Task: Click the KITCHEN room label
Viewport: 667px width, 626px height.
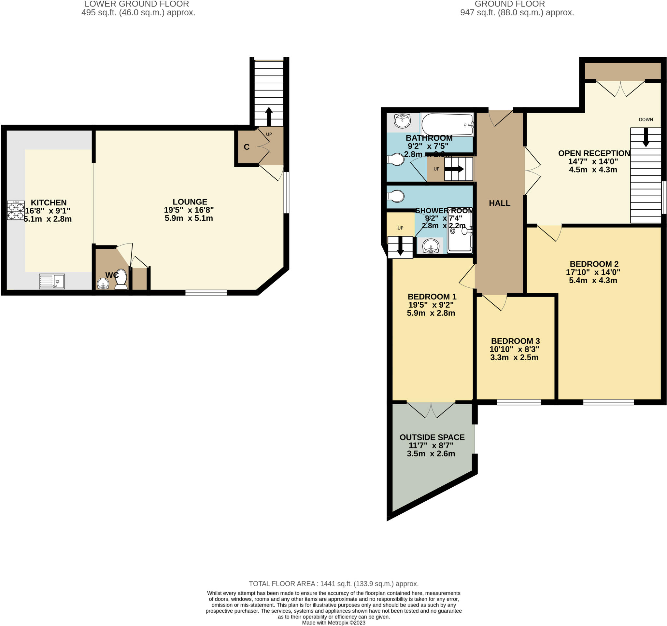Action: tap(49, 202)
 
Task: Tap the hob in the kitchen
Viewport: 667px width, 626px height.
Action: tap(16, 210)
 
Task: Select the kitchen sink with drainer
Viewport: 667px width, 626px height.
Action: tap(52, 281)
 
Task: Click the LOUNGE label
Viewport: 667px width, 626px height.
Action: tap(190, 202)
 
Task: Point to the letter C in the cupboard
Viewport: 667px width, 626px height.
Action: tap(247, 147)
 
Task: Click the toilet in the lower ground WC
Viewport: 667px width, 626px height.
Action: tap(121, 279)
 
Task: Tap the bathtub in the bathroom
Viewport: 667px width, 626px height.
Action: tap(447, 124)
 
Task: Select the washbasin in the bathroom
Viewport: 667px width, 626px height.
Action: tap(402, 121)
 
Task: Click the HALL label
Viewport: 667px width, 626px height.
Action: tap(500, 203)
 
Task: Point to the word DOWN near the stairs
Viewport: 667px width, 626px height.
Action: tap(646, 120)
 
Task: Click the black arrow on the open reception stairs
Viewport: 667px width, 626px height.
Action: tap(646, 137)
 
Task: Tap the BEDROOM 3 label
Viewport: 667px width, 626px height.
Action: tap(515, 341)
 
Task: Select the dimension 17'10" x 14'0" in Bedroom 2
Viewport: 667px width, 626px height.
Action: tap(593, 272)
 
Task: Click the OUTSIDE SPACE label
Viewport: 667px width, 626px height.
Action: tap(432, 437)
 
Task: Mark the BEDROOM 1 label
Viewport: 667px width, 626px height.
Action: tap(432, 297)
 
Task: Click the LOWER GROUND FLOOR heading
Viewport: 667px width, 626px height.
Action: tap(136, 4)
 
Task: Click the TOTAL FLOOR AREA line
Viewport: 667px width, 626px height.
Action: tap(333, 584)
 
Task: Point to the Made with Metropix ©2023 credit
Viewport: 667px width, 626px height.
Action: tap(333, 623)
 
